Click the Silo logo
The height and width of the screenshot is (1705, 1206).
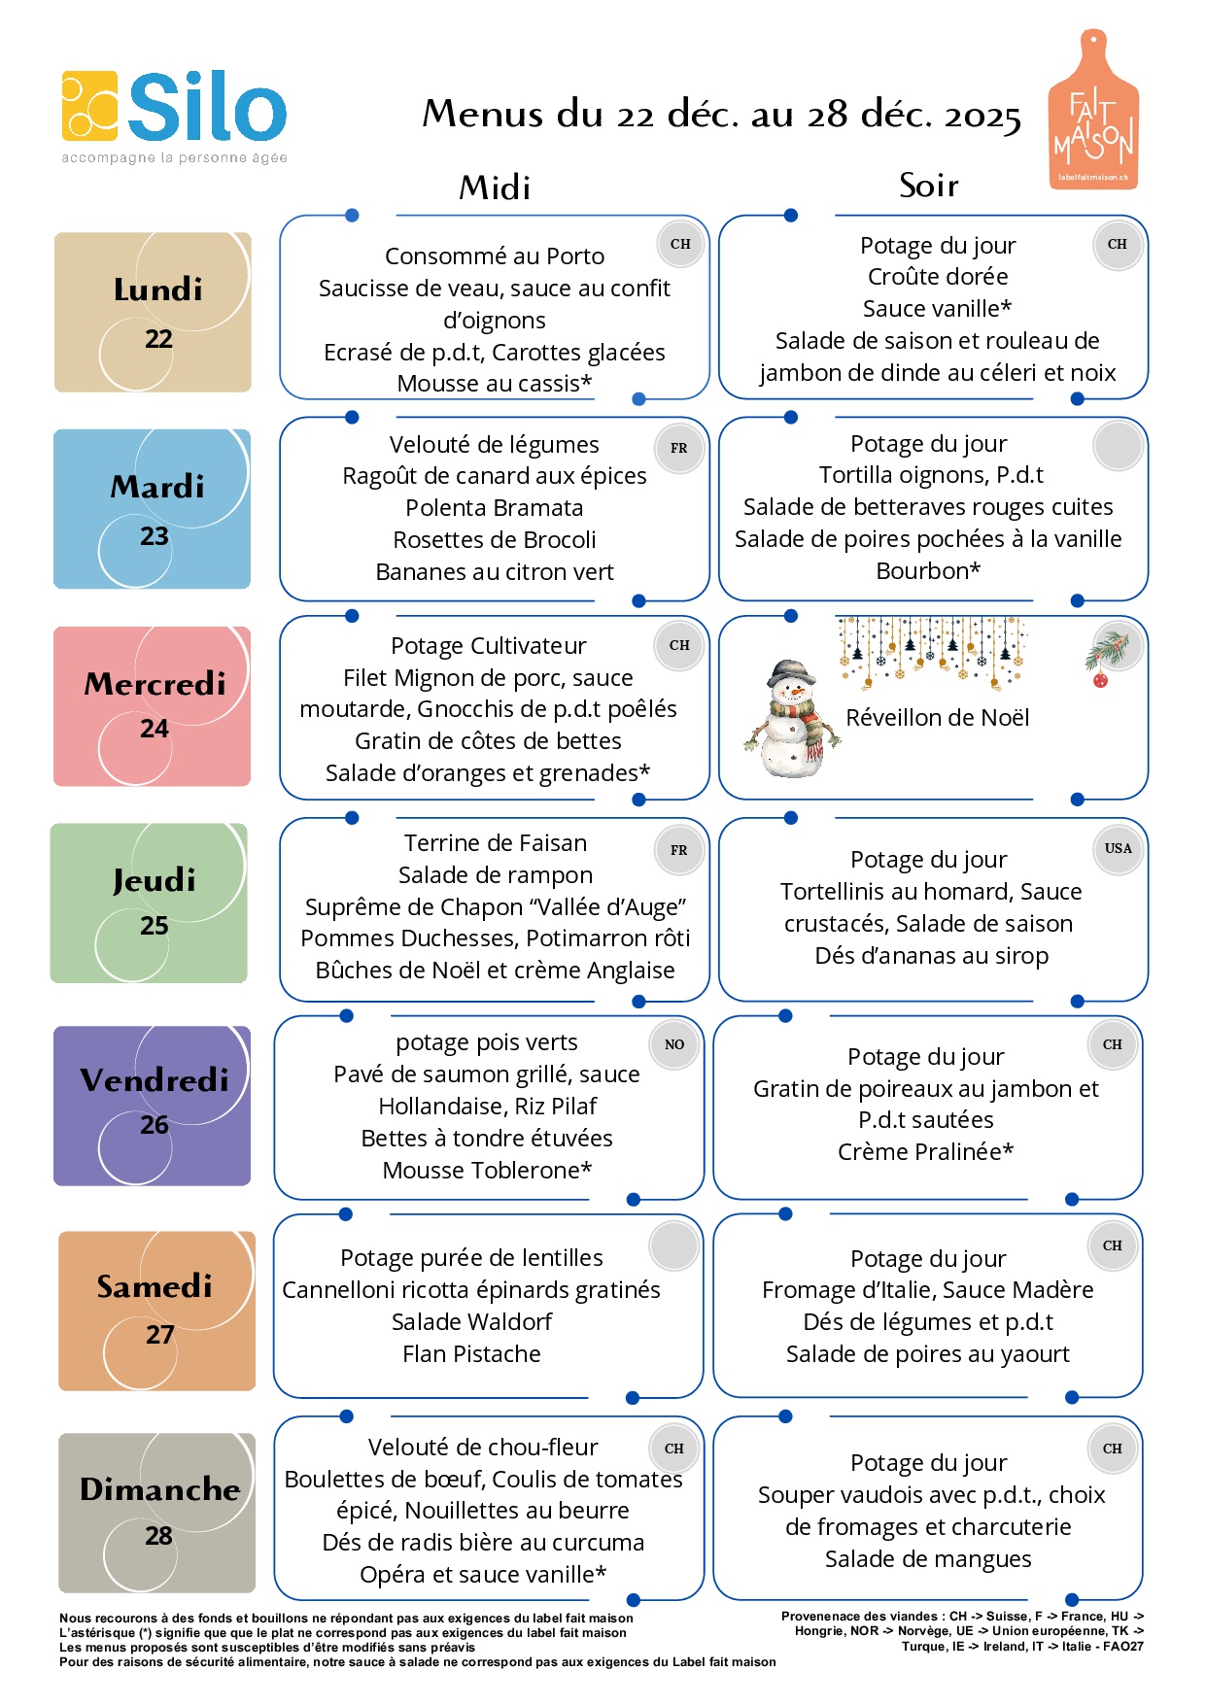coord(175,109)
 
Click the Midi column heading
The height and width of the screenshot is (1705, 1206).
coord(495,187)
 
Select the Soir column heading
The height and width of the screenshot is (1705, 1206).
coord(928,185)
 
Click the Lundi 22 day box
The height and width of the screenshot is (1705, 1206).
coord(153,312)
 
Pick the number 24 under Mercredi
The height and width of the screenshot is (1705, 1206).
coord(154,729)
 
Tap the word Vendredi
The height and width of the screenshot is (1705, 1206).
coord(155,1079)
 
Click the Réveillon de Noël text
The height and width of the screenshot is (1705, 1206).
coord(937,718)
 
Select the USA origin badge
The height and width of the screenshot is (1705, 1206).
coord(1118,848)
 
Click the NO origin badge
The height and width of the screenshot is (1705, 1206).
coord(674,1044)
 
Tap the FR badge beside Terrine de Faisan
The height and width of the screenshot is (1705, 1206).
coord(678,850)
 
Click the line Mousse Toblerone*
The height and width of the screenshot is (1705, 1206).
coord(487,1170)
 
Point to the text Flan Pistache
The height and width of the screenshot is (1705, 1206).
coord(471,1353)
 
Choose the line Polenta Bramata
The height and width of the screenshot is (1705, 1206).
coord(494,507)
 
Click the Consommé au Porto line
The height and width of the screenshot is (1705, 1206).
coord(494,256)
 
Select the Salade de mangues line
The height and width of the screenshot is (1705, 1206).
coord(928,1558)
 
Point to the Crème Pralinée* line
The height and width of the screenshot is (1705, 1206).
coord(925,1151)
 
